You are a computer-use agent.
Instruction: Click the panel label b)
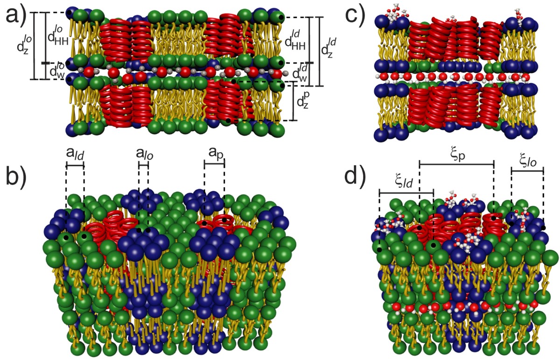point(17,183)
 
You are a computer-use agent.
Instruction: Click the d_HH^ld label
point(295,41)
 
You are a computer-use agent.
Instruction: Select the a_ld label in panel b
point(75,153)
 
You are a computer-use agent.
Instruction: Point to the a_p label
point(214,153)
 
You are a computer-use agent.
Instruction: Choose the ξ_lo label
point(527,160)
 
